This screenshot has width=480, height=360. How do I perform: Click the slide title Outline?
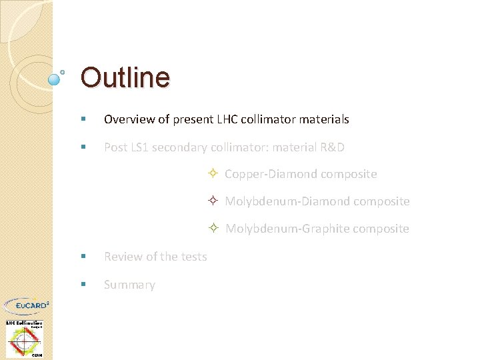click(x=125, y=77)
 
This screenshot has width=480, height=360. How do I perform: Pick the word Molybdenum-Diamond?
click(x=287, y=201)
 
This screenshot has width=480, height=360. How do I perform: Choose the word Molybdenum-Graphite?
click(x=287, y=229)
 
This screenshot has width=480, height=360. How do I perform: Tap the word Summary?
click(x=129, y=285)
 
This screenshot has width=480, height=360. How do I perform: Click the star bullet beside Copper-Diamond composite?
click(x=211, y=174)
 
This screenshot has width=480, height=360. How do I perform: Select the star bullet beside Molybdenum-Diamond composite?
click(x=211, y=201)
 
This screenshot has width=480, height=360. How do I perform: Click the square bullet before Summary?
click(x=83, y=285)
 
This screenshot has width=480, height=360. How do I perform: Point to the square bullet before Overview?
click(x=83, y=120)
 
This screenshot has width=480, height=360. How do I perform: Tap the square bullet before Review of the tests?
click(x=83, y=257)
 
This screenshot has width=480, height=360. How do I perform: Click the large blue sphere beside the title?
click(x=55, y=79)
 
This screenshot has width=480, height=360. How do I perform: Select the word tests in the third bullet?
click(x=193, y=257)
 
